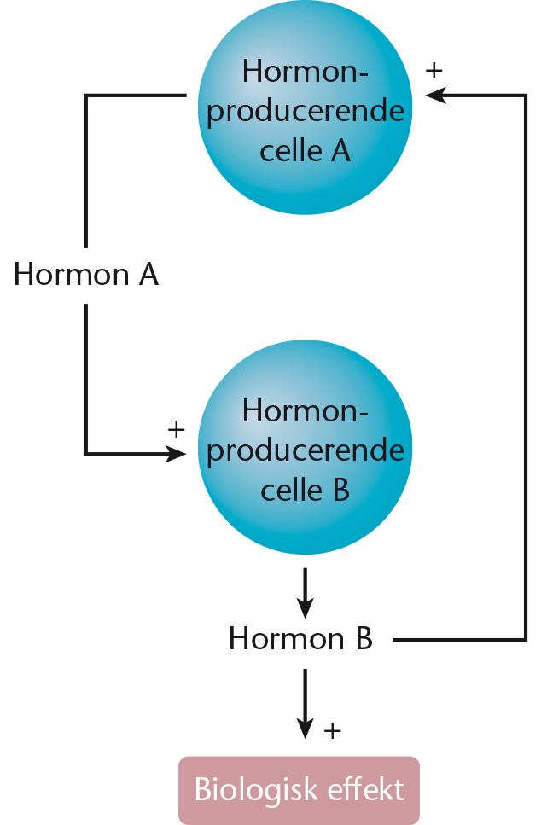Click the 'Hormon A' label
coord(86,274)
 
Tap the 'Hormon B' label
coord(300,638)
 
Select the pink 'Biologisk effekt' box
coord(299,790)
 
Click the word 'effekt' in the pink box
coord(366,789)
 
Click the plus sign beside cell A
coord(434,71)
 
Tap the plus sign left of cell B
coord(177,429)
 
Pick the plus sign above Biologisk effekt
coord(332,731)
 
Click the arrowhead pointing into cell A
coord(436,96)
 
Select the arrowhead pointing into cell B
coord(176,453)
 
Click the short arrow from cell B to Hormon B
coord(305,593)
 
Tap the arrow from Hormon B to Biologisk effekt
coord(305,704)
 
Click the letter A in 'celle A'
coord(340,150)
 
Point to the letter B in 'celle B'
coord(341,490)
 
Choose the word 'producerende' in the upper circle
coord(306,112)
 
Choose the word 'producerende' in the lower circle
coord(306,451)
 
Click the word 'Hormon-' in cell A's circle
coord(305,71)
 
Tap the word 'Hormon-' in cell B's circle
coord(305,410)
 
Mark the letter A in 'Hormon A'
coord(148,274)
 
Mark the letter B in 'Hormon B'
coord(364,638)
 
